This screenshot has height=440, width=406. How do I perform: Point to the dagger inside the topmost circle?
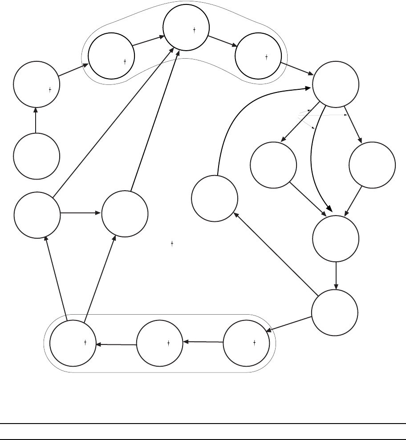pyautogui.click(x=195, y=30)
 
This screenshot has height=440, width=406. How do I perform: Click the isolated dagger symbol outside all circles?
pyautogui.click(x=172, y=244)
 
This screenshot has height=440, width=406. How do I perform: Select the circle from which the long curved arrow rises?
pyautogui.click(x=214, y=198)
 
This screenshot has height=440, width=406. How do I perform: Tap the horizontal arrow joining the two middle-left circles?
pyautogui.click(x=81, y=213)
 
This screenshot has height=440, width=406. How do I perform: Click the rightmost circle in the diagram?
pyautogui.click(x=372, y=164)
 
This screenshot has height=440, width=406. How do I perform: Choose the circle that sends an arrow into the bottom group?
pyautogui.click(x=334, y=312)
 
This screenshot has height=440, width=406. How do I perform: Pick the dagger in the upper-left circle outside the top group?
pyautogui.click(x=50, y=89)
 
